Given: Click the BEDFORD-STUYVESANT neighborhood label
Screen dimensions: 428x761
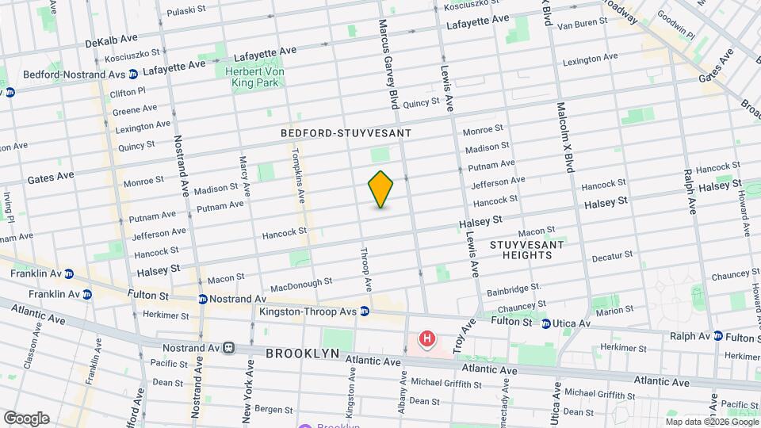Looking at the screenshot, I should point(340,135).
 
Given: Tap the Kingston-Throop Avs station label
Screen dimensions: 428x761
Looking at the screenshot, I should point(309,311).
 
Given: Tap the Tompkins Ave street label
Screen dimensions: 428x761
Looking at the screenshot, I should point(299,175).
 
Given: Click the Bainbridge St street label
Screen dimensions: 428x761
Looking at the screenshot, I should point(514,289).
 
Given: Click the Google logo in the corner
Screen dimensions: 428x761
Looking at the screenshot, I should point(26,418).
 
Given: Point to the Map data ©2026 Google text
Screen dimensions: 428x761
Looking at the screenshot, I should point(712,422).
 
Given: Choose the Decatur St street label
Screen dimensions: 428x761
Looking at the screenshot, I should point(611,258).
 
